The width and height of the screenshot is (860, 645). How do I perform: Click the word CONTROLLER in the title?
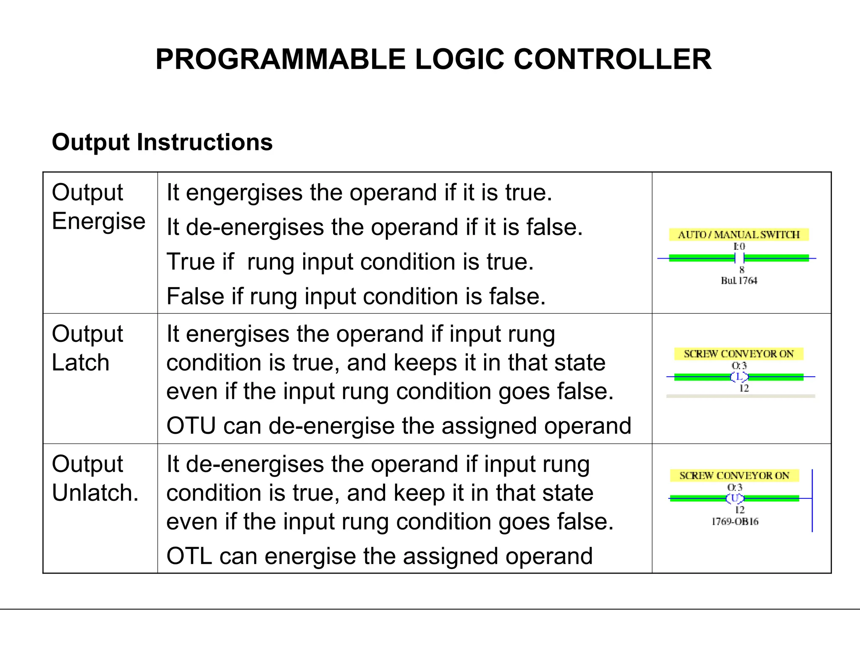[x=612, y=59]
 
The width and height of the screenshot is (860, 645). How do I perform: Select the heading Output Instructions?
[x=162, y=142]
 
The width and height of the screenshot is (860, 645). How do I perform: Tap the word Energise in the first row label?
[x=99, y=221]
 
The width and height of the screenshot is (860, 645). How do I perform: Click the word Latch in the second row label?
[x=81, y=362]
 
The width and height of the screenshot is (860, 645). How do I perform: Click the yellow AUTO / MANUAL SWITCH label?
[x=739, y=235]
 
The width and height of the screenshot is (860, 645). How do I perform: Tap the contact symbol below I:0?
[x=739, y=258]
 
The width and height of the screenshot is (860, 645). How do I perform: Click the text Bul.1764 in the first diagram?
[x=739, y=281]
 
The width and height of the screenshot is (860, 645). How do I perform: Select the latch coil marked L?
[x=739, y=377]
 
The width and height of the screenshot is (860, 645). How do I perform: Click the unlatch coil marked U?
[x=735, y=498]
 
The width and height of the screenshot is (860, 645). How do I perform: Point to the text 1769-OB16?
[x=735, y=522]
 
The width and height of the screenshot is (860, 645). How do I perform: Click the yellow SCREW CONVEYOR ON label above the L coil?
[x=739, y=354]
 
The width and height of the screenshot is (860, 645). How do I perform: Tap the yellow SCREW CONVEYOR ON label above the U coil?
[x=734, y=476]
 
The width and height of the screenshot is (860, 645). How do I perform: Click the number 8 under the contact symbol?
[x=742, y=270]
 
